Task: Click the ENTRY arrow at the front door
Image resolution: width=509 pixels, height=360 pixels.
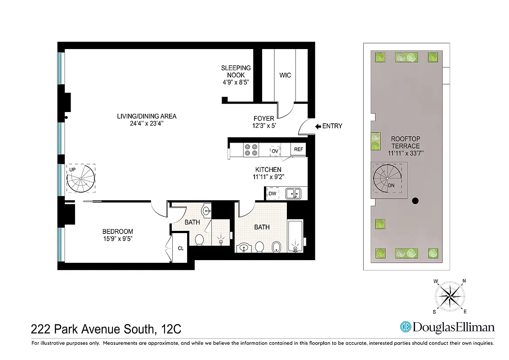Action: click(x=318, y=126)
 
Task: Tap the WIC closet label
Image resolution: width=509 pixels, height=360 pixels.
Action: click(x=285, y=75)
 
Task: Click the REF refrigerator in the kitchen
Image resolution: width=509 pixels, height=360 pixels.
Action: click(x=299, y=149)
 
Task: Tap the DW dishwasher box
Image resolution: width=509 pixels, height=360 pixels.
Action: click(x=272, y=193)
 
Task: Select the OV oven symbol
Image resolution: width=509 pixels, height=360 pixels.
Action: click(x=275, y=151)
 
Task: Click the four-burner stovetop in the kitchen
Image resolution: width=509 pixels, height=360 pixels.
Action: click(x=250, y=150)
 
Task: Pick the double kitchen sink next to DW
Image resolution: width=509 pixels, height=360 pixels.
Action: click(x=294, y=193)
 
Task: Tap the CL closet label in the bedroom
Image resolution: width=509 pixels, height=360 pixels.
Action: click(x=180, y=248)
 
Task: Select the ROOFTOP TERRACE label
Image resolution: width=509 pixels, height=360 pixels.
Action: click(x=405, y=143)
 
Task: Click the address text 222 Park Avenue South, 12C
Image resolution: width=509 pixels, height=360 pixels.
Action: click(x=106, y=329)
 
